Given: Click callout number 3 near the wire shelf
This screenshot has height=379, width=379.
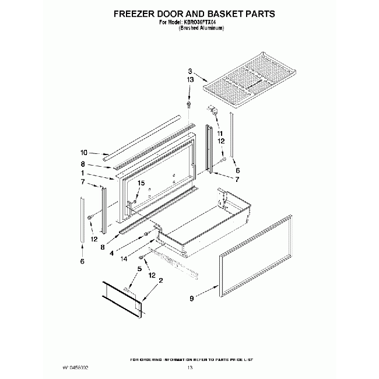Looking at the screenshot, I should point(190,70).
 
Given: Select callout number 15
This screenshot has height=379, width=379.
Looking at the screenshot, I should point(139,184).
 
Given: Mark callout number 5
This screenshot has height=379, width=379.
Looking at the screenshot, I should point(139,269).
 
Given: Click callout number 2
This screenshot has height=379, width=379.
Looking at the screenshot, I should point(160,280).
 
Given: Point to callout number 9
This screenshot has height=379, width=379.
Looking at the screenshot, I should point(191,299).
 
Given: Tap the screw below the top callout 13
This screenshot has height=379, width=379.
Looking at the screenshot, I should point(189,104).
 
